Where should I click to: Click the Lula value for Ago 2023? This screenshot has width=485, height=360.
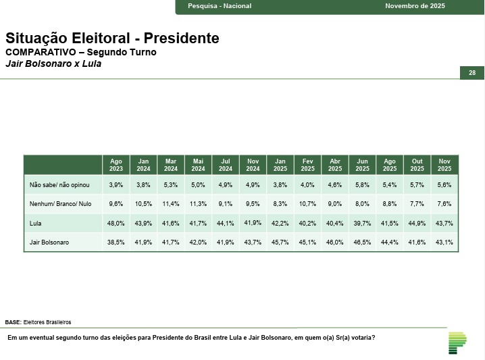click(116, 223)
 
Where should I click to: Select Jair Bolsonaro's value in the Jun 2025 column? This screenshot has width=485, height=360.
click(363, 242)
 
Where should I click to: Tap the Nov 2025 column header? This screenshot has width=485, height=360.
click(444, 165)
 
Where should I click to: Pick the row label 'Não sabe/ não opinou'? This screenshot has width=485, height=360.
click(55, 184)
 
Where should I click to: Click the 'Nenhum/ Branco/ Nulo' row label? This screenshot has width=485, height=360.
click(60, 203)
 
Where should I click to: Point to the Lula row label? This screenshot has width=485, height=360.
click(36, 223)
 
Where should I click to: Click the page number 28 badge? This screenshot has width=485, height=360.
click(472, 73)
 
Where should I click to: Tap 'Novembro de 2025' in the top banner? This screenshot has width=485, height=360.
click(415, 6)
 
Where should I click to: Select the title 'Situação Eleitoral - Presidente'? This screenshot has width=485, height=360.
click(112, 38)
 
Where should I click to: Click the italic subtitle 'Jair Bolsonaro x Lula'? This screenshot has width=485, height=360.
click(53, 64)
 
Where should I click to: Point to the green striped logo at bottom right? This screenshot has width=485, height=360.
click(457, 342)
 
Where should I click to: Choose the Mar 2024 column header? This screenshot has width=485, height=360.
click(171, 165)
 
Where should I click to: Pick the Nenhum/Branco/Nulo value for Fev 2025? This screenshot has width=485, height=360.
click(308, 203)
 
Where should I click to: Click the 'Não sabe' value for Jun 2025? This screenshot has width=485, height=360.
click(363, 184)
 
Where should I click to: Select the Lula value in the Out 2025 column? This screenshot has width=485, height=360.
click(417, 223)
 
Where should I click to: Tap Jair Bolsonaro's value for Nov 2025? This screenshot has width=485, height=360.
click(444, 242)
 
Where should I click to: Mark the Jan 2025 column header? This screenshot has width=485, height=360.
click(280, 165)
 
